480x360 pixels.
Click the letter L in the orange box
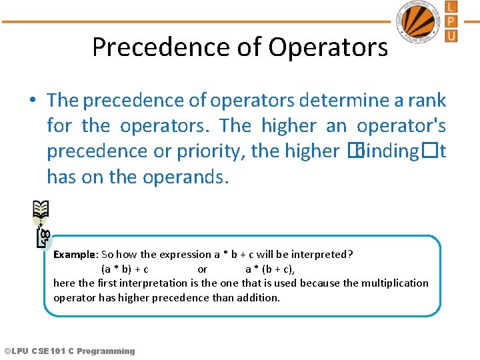(x=451, y=7)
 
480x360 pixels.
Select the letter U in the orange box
(x=451, y=35)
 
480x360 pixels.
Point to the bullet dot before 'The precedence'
(x=32, y=101)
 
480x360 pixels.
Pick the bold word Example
(x=75, y=254)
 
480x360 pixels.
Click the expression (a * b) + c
(x=124, y=269)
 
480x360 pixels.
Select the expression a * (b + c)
(x=270, y=269)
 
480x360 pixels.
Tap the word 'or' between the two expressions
(x=203, y=269)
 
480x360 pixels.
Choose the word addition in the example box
(x=255, y=297)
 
